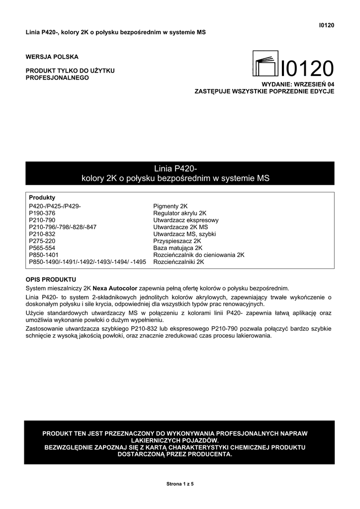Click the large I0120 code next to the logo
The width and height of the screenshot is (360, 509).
(307, 68)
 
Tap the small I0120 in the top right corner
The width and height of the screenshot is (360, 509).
(326, 25)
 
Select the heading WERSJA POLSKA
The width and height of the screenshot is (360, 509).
(52, 57)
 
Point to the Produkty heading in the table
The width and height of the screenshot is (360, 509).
(42, 197)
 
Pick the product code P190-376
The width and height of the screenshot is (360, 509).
(42, 213)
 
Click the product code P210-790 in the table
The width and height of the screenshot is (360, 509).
(42, 220)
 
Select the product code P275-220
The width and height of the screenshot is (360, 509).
(42, 241)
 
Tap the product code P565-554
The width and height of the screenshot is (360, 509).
(42, 248)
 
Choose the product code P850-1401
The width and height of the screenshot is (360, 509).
(44, 254)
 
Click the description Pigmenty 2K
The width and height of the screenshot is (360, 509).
(171, 206)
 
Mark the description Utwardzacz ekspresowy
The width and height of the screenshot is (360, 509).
(186, 220)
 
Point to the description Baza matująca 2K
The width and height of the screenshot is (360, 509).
(178, 248)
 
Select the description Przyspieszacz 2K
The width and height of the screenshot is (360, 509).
(177, 241)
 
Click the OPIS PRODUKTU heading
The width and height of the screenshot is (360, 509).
(51, 279)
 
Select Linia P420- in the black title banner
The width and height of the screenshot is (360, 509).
(180, 169)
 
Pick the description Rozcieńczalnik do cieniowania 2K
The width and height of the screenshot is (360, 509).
(199, 254)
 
